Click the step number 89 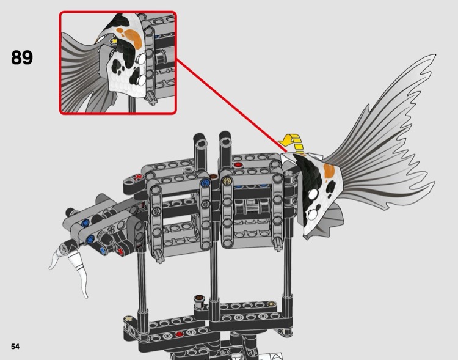tap(22, 58)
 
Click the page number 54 tap(15, 347)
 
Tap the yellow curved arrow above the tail tap(290, 143)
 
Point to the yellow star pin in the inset tap(114, 42)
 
